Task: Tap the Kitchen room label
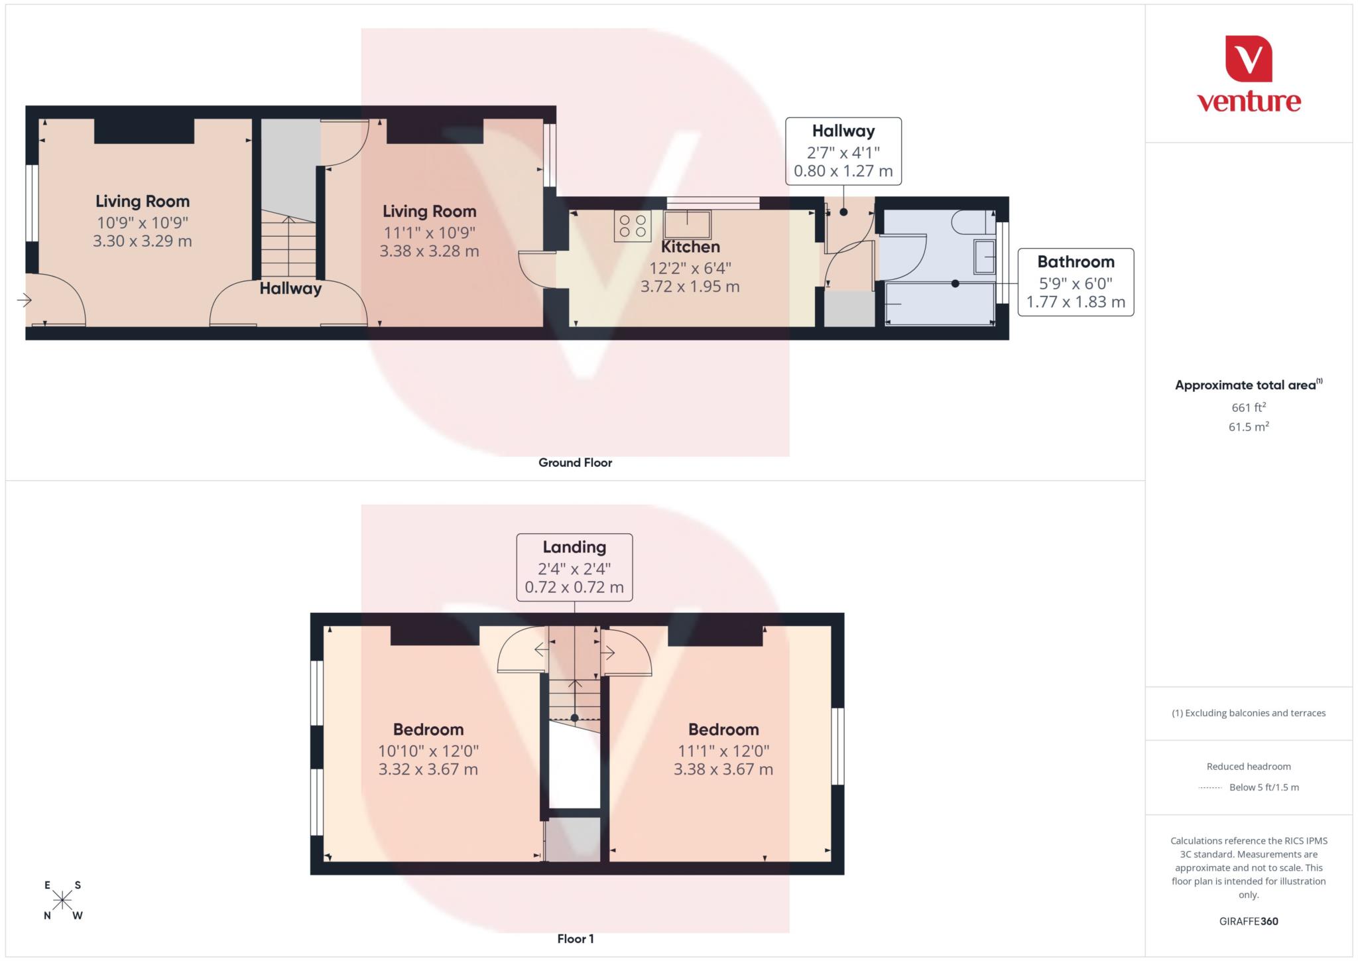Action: pyautogui.click(x=690, y=247)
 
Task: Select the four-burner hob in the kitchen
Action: pyautogui.click(x=633, y=225)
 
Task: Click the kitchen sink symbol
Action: pyautogui.click(x=687, y=224)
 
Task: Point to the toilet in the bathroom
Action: pyautogui.click(x=972, y=222)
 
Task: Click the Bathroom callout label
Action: pyautogui.click(x=1076, y=262)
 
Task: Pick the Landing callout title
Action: pyautogui.click(x=574, y=547)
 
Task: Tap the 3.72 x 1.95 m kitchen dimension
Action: pyautogui.click(x=690, y=287)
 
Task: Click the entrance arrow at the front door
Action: pyautogui.click(x=25, y=300)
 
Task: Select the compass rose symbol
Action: pyautogui.click(x=62, y=900)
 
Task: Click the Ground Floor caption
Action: pyautogui.click(x=575, y=463)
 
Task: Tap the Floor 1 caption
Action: pyautogui.click(x=575, y=938)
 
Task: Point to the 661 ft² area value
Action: pyautogui.click(x=1249, y=407)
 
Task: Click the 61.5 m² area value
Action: pyautogui.click(x=1249, y=426)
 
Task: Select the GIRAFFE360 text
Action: pyautogui.click(x=1249, y=921)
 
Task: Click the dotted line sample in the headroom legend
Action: pyautogui.click(x=1210, y=788)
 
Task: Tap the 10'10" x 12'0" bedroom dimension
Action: pyautogui.click(x=428, y=751)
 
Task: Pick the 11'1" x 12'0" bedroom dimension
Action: pyautogui.click(x=723, y=751)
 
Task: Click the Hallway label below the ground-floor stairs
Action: pyautogui.click(x=290, y=288)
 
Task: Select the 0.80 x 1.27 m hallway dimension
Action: pyautogui.click(x=843, y=171)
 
